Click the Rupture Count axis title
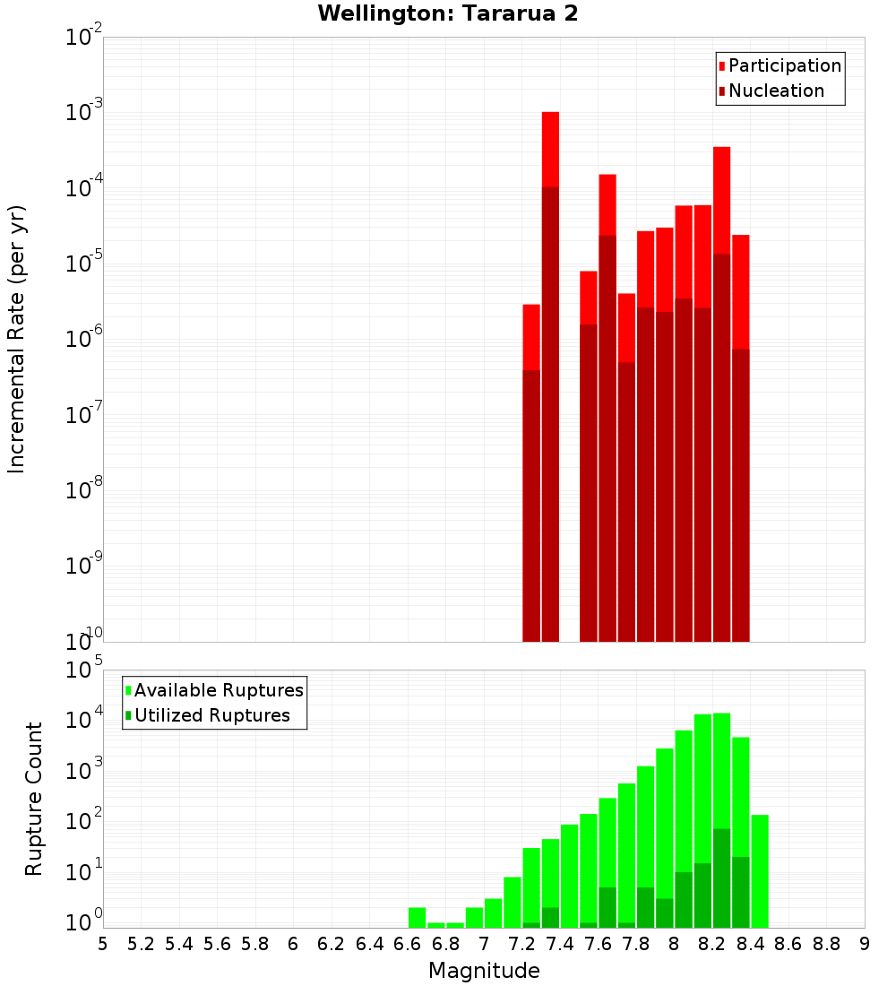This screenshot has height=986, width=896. (34, 798)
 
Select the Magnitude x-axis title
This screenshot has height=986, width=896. (484, 971)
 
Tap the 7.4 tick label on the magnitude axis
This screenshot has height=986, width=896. (560, 944)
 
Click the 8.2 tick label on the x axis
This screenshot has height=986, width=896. (712, 944)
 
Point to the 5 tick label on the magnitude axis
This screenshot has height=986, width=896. (103, 944)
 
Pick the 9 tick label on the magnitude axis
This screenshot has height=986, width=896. (865, 944)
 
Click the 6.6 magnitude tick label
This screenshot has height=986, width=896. (408, 944)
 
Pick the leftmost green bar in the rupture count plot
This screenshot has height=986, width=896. (417, 917)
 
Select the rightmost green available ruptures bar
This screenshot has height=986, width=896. (760, 869)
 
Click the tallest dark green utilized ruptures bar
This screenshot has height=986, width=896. (722, 878)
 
